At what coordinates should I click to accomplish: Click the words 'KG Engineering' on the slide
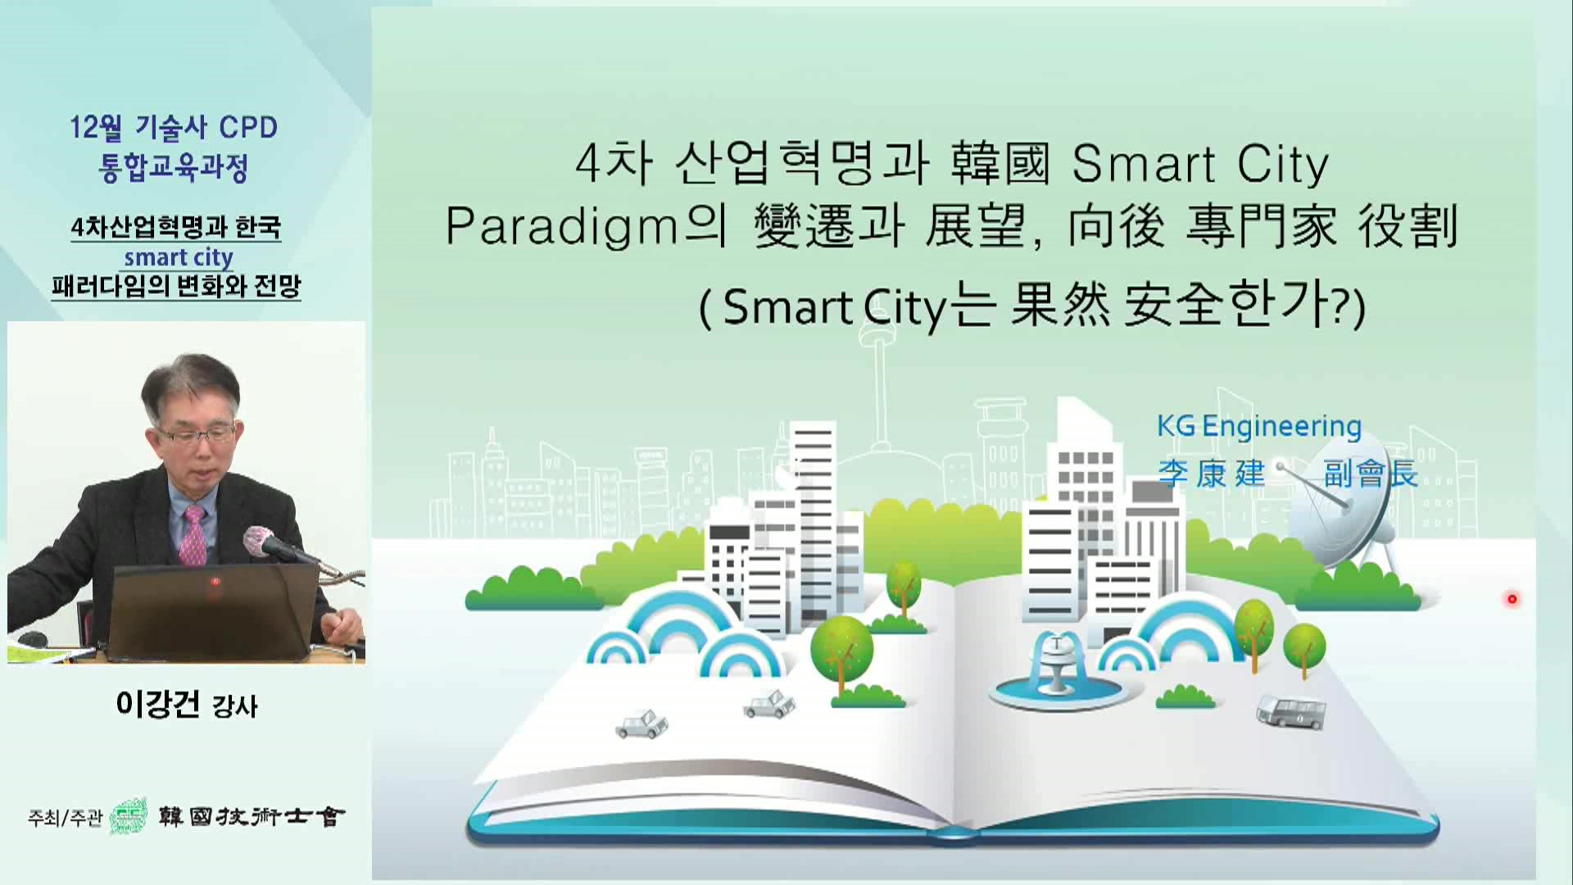pyautogui.click(x=1258, y=427)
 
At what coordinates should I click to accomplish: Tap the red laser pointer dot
pyautogui.click(x=1512, y=599)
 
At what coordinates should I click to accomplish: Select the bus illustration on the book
pyautogui.click(x=1291, y=711)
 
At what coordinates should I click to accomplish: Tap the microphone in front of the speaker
pyautogui.click(x=279, y=547)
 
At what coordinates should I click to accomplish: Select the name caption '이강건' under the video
pyautogui.click(x=158, y=704)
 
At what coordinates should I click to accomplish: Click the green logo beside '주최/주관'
pyautogui.click(x=129, y=816)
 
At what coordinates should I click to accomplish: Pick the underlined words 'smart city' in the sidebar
pyautogui.click(x=179, y=257)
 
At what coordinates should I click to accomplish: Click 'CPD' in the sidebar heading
pyautogui.click(x=249, y=128)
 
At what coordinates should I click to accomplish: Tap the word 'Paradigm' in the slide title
pyautogui.click(x=562, y=227)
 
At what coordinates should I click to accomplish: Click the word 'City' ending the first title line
pyautogui.click(x=1283, y=165)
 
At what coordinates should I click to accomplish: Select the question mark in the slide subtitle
pyautogui.click(x=1343, y=309)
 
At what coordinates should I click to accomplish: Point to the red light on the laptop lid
pyautogui.click(x=215, y=582)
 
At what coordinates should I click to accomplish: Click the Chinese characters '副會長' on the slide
pyautogui.click(x=1370, y=474)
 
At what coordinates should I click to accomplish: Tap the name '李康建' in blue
pyautogui.click(x=1212, y=474)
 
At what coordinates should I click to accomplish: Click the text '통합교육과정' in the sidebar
pyautogui.click(x=173, y=168)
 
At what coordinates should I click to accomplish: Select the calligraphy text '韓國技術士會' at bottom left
pyautogui.click(x=252, y=816)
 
